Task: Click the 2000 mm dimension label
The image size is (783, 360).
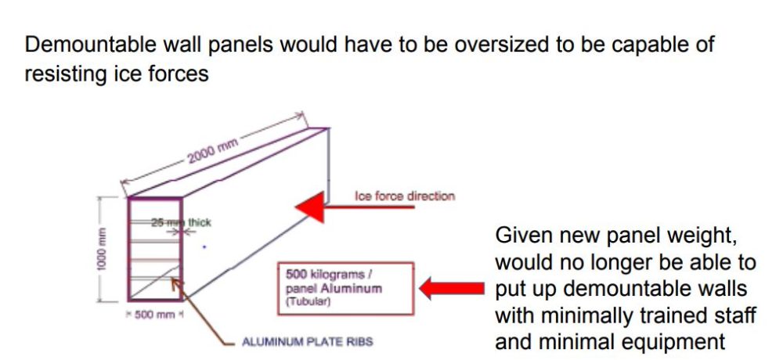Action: click(213, 149)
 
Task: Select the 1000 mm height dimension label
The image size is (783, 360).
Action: click(102, 249)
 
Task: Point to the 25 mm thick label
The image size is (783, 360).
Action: click(182, 223)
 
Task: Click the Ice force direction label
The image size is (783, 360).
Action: click(405, 196)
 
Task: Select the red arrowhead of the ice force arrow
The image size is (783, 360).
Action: click(310, 207)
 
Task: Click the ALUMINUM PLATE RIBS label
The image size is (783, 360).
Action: click(307, 342)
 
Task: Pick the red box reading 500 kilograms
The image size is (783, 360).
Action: click(345, 289)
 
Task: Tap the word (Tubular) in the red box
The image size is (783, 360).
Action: click(308, 302)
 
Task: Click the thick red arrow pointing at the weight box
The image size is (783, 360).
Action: click(452, 289)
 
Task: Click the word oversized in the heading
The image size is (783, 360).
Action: click(507, 45)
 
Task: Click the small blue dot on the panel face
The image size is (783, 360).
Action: click(204, 247)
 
